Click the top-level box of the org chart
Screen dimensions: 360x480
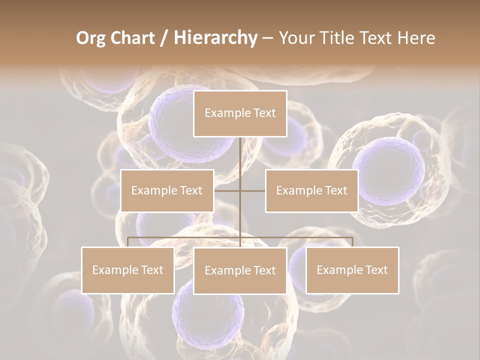240,113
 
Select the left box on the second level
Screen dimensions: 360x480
167,190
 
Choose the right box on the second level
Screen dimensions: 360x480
311,190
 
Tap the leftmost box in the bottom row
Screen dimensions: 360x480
128,270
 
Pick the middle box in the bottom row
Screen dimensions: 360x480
240,270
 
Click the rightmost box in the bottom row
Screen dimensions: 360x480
352,270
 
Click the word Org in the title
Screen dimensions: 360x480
90,38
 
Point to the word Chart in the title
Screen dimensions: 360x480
132,38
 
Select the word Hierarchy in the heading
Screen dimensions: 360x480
215,38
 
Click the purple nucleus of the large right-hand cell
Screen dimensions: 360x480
388,170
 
